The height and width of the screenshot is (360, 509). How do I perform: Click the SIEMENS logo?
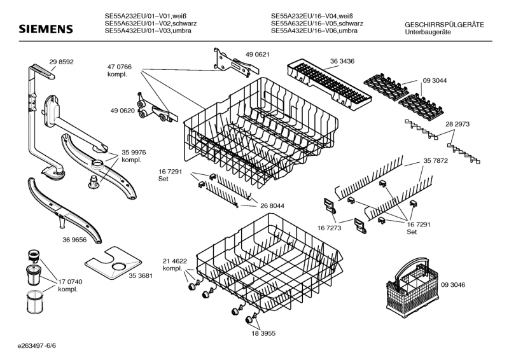click(45, 29)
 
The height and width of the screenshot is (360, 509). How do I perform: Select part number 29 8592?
click(61, 62)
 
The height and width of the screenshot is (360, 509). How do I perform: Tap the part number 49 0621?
click(258, 55)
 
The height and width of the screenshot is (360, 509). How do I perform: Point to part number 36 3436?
click(342, 61)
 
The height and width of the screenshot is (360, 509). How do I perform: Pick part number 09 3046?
click(453, 285)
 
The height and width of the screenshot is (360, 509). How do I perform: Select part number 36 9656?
click(74, 240)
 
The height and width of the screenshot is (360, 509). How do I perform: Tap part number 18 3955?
click(263, 333)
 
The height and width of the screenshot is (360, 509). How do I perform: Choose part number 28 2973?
click(457, 124)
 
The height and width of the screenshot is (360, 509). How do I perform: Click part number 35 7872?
click(436, 161)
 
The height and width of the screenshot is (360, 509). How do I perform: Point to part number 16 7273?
click(329, 228)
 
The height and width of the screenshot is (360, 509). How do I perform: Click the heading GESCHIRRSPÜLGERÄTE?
click(444, 25)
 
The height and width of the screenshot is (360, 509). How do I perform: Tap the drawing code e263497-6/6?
click(37, 346)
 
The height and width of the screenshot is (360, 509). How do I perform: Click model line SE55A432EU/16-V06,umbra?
click(314, 31)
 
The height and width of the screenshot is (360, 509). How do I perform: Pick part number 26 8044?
click(272, 206)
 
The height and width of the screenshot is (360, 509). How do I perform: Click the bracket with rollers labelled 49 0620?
click(156, 109)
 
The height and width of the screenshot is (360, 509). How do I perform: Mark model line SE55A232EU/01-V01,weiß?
click(145, 16)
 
